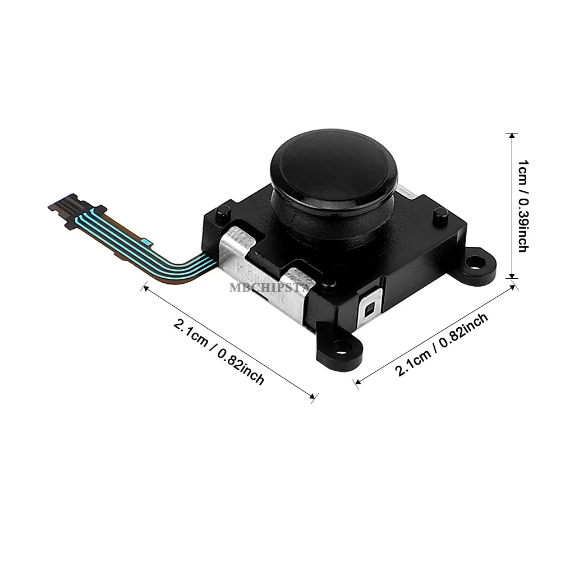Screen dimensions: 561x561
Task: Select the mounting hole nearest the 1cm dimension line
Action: [476, 261]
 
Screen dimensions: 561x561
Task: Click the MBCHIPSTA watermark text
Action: [273, 288]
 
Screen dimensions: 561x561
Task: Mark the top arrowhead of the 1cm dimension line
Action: [511, 136]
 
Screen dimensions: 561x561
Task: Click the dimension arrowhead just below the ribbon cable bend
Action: [145, 288]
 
